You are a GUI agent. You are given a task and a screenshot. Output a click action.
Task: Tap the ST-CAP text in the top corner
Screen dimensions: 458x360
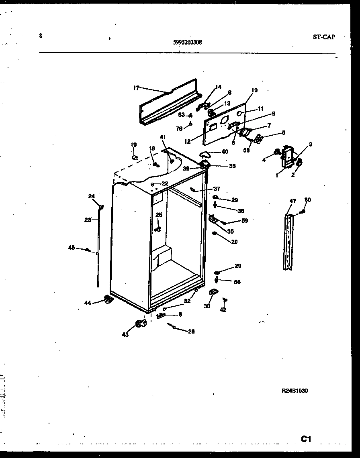[323, 37]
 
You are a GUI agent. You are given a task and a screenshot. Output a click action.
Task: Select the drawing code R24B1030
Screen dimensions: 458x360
[295, 391]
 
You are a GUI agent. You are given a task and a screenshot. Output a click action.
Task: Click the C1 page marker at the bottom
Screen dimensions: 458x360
[307, 439]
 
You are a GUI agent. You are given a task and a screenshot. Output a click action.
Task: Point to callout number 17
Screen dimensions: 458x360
[136, 87]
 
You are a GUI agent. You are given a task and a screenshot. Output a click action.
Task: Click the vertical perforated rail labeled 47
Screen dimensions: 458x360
[288, 243]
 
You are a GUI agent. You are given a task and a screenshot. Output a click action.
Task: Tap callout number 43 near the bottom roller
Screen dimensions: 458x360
[125, 334]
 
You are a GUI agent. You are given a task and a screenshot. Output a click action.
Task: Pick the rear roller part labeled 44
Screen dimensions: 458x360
[107, 299]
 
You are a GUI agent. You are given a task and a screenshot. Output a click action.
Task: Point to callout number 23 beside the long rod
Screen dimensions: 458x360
[88, 220]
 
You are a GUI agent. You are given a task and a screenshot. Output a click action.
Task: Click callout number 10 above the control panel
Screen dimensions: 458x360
[254, 90]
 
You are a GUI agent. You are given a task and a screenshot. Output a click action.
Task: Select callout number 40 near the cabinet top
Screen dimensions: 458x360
[225, 151]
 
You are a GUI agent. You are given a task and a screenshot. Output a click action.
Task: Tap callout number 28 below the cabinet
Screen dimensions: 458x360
[191, 331]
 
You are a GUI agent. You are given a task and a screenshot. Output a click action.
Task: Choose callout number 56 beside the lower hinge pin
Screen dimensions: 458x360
[237, 282]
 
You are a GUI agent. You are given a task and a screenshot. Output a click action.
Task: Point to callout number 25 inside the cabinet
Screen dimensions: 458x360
[159, 215]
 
